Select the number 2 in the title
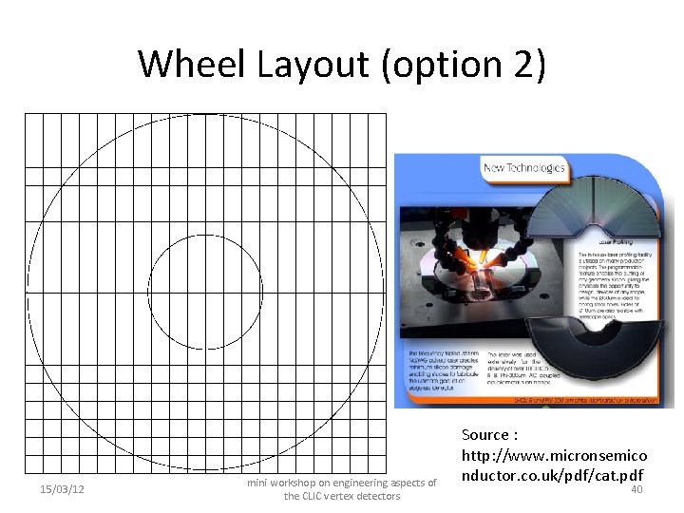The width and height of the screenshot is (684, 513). (526, 64)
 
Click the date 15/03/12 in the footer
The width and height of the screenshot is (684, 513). (63, 489)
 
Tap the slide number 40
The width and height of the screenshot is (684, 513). (636, 489)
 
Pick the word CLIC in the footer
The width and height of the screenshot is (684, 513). (314, 496)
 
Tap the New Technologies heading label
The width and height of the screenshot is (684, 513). (524, 168)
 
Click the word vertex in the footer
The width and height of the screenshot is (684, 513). (344, 496)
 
